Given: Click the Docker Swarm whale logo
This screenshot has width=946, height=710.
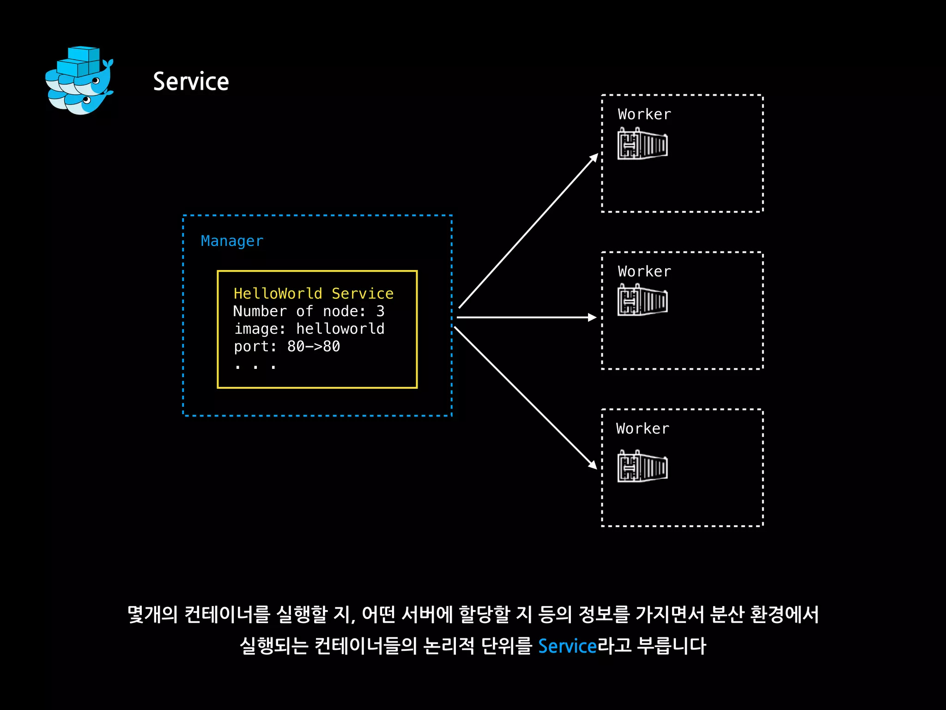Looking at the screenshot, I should pyautogui.click(x=79, y=81).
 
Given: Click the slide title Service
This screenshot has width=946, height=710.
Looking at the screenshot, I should pyautogui.click(x=191, y=82).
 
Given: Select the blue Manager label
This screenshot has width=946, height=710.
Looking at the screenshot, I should pyautogui.click(x=232, y=241).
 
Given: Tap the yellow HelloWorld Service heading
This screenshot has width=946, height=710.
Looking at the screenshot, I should pyautogui.click(x=313, y=294).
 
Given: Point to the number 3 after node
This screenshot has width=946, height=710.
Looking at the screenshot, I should pyautogui.click(x=380, y=311).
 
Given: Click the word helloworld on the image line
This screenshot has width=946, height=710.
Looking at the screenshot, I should pyautogui.click(x=340, y=329).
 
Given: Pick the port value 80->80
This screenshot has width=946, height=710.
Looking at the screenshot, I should pyautogui.click(x=314, y=346).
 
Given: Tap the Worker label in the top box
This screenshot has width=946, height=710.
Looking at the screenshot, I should pyautogui.click(x=644, y=114).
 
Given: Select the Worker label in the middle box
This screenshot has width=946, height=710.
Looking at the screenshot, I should pyautogui.click(x=644, y=271).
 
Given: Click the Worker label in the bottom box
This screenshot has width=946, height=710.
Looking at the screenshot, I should pyautogui.click(x=643, y=428).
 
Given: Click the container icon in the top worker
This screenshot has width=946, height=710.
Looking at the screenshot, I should pyautogui.click(x=643, y=144).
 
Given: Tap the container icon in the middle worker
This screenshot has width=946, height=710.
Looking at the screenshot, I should pyautogui.click(x=643, y=300).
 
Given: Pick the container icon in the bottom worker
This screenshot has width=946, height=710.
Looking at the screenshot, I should pyautogui.click(x=643, y=466).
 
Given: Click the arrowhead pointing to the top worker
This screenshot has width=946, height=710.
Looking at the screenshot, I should pyautogui.click(x=594, y=158).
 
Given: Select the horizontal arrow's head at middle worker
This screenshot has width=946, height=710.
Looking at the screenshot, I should pyautogui.click(x=592, y=317).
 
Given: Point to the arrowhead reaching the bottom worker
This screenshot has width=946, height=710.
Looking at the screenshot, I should pyautogui.click(x=593, y=465).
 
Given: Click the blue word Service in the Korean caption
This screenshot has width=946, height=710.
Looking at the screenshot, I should pyautogui.click(x=567, y=646).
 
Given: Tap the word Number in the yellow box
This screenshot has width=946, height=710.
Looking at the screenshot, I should pyautogui.click(x=260, y=311).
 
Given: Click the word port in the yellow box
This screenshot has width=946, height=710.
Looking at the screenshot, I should pyautogui.click(x=252, y=346).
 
